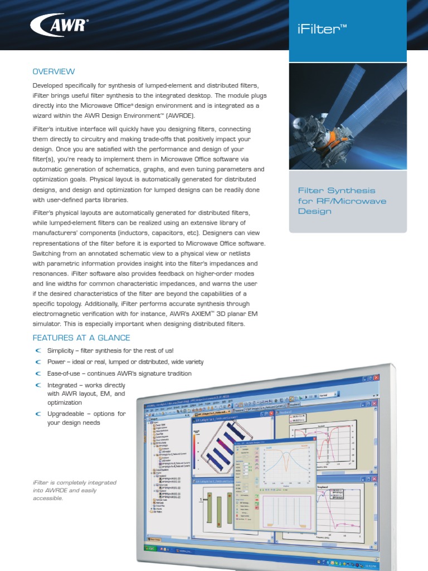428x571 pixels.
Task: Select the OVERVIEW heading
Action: coord(53,71)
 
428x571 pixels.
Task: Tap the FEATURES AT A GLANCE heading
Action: coord(81,338)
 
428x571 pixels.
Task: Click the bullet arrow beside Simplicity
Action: coord(38,351)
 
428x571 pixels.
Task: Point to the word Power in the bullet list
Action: coord(56,362)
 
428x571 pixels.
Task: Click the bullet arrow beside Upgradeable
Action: coord(38,414)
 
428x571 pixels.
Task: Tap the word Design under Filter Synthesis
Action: coord(315,211)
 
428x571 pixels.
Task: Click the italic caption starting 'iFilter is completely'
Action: coord(75,490)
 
